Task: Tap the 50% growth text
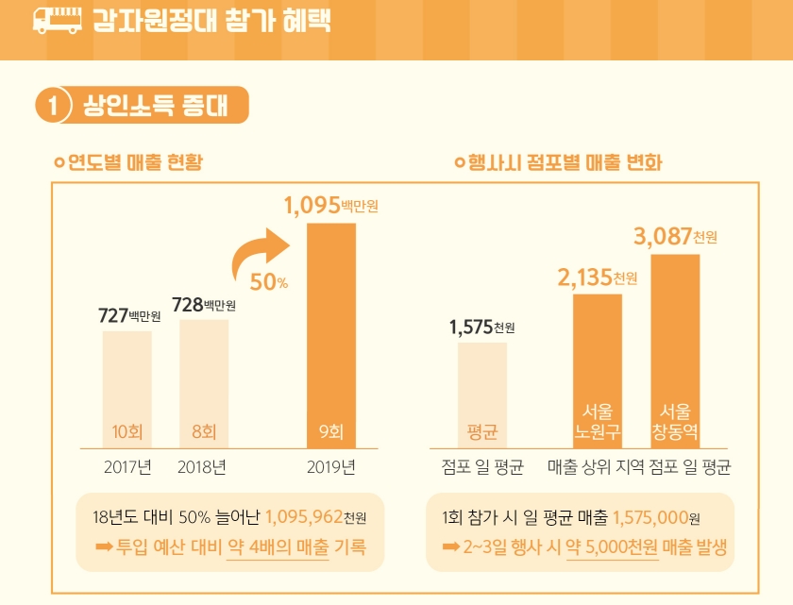tap(269, 281)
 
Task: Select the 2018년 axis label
tap(202, 466)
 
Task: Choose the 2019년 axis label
tap(330, 466)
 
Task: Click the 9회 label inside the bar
tap(330, 433)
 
